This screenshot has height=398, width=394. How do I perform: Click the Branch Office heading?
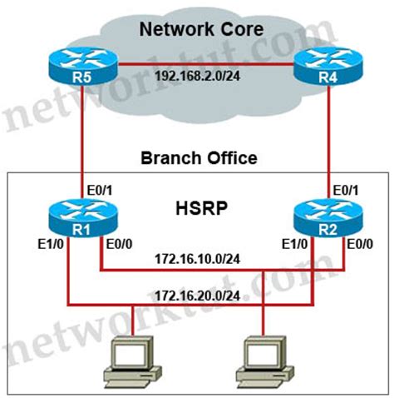coord(198,157)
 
